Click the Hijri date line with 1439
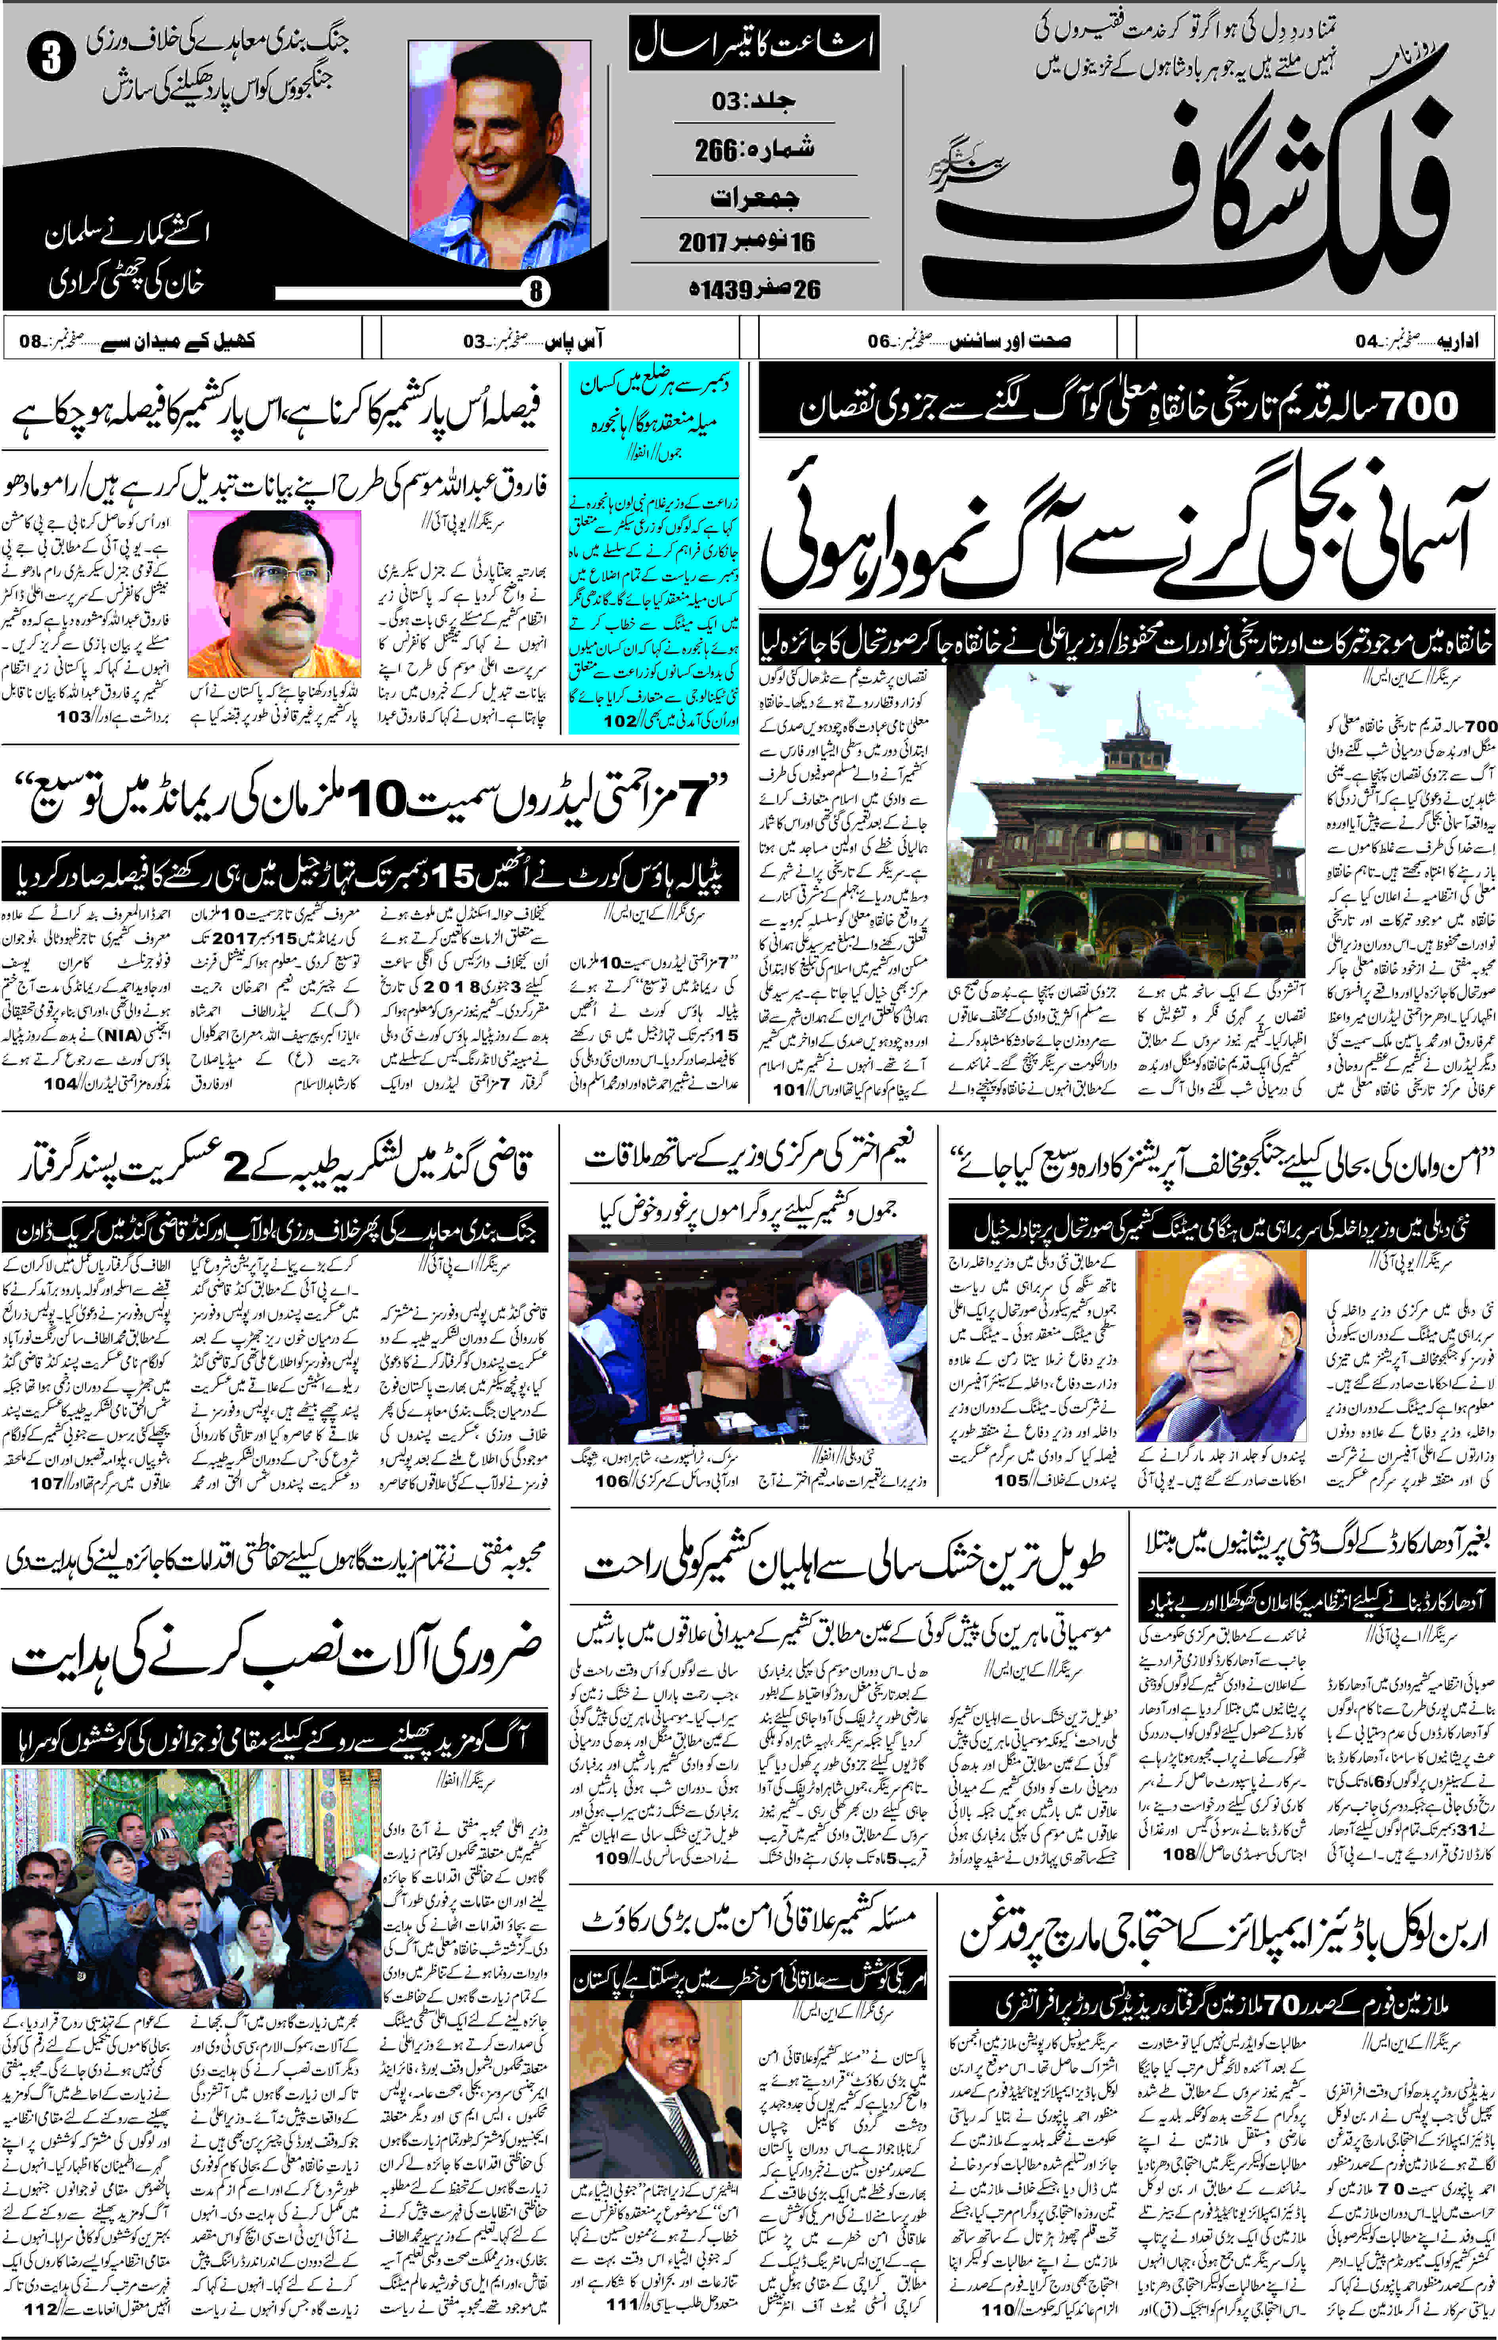(x=754, y=290)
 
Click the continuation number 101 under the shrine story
(x=788, y=1089)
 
